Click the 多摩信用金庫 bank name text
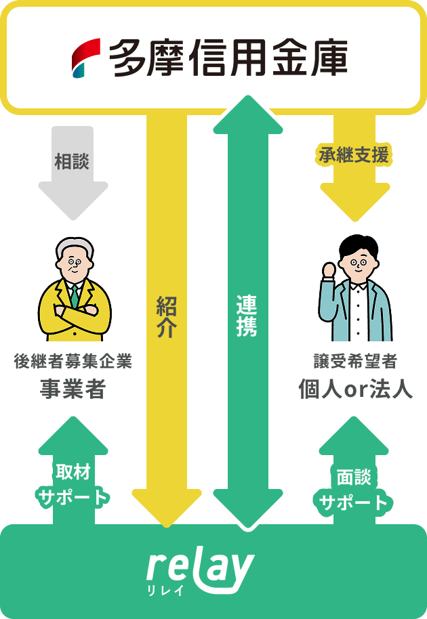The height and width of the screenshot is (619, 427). pyautogui.click(x=228, y=57)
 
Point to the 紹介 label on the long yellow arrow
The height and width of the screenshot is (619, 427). pyautogui.click(x=167, y=316)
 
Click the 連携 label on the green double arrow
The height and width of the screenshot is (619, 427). pyautogui.click(x=246, y=316)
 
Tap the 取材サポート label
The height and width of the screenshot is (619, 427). pyautogui.click(x=73, y=485)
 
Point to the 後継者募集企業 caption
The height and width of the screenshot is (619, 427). pyautogui.click(x=73, y=362)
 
